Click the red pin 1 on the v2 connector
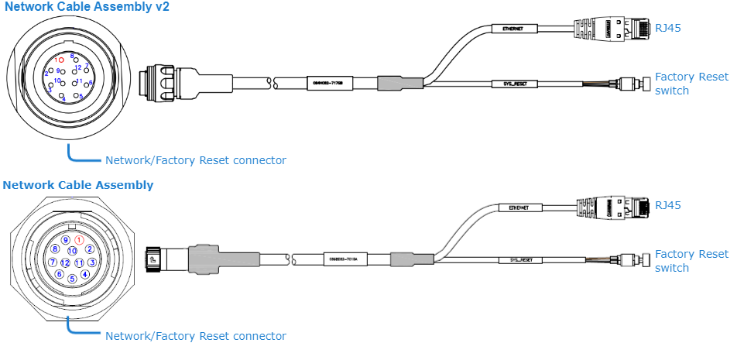pyautogui.click(x=61, y=60)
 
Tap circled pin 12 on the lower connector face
pyautogui.click(x=65, y=262)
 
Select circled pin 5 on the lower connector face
pyautogui.click(x=72, y=279)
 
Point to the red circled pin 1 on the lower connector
pyautogui.click(x=78, y=240)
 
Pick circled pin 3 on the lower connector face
pyautogui.click(x=92, y=262)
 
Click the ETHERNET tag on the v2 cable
pyautogui.click(x=512, y=29)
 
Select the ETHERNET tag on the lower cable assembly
pyautogui.click(x=518, y=207)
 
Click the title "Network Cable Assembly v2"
pyautogui.click(x=87, y=7)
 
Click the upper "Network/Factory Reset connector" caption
pyautogui.click(x=195, y=160)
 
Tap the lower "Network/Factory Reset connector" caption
pyautogui.click(x=195, y=336)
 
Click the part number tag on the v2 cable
pyautogui.click(x=327, y=81)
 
